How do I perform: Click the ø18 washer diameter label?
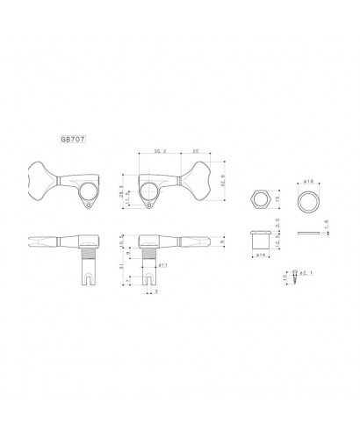click(x=309, y=180)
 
